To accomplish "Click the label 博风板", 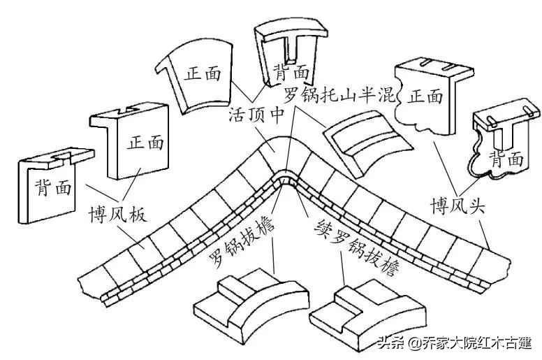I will [117, 213].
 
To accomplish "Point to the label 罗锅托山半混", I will [339, 94].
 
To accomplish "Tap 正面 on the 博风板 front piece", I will [146, 143].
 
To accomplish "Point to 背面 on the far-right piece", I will [506, 158].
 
